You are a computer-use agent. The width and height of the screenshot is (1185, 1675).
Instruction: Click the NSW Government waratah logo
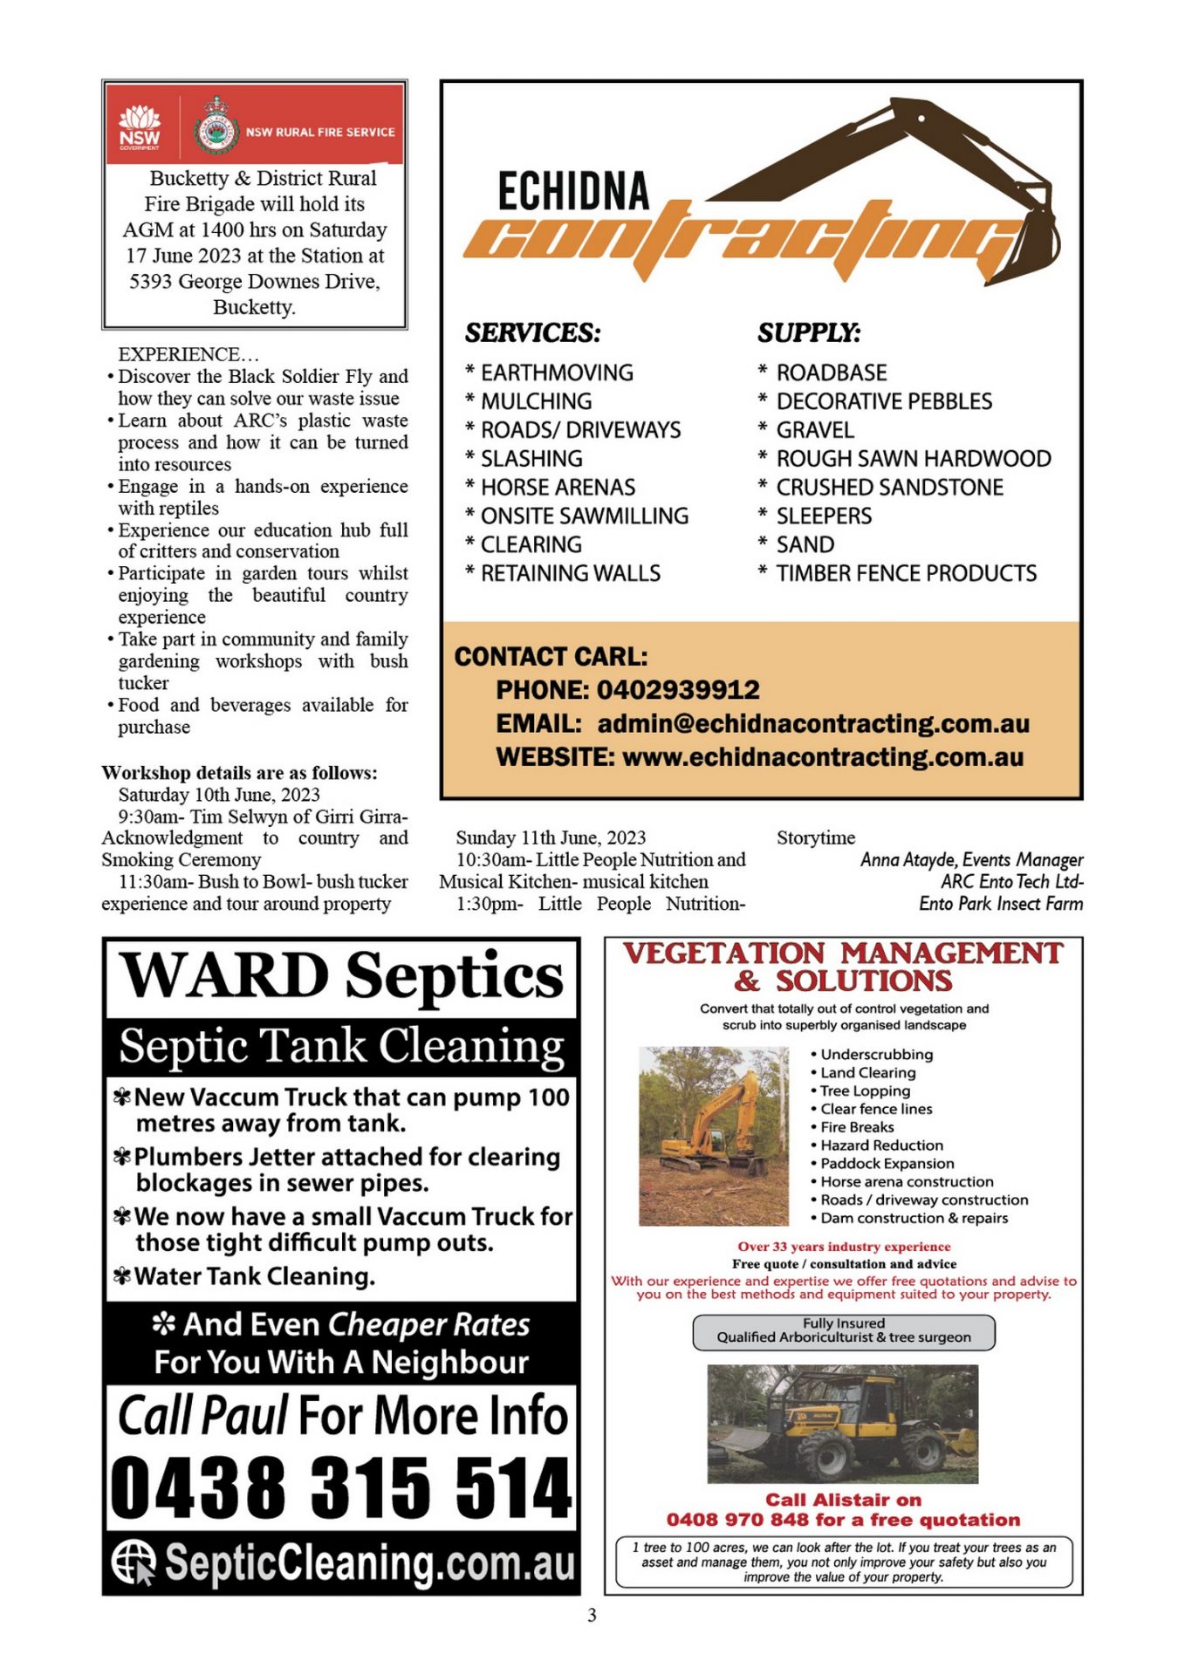(x=140, y=127)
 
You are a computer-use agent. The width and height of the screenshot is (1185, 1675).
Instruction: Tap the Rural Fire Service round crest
(x=216, y=133)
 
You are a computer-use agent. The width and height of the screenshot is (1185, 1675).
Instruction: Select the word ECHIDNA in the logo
(x=573, y=192)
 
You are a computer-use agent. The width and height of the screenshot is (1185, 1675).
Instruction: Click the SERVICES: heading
(x=532, y=333)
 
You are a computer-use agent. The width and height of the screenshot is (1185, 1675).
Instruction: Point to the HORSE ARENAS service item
(x=558, y=488)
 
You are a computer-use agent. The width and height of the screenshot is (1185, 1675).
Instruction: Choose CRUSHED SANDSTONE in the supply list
(x=889, y=488)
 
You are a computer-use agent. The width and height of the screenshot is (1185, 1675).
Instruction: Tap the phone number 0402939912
(x=678, y=690)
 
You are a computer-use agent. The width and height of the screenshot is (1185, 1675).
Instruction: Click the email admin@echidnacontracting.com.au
(x=813, y=724)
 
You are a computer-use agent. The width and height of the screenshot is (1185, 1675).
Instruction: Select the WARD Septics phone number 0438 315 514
(x=341, y=1487)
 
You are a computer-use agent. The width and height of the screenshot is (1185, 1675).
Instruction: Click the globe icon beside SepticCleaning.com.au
(x=134, y=1561)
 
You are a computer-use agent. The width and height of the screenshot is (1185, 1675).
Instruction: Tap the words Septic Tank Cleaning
(x=341, y=1045)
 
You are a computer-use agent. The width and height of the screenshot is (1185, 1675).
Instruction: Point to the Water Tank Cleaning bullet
(x=254, y=1276)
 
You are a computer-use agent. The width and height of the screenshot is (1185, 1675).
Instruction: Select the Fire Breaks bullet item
(x=857, y=1127)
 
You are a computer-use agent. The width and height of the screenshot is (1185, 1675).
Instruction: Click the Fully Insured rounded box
(x=843, y=1331)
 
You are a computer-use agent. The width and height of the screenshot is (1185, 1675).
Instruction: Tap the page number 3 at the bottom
(x=592, y=1616)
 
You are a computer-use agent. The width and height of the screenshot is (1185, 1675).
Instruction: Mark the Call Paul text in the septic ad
(x=202, y=1415)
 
